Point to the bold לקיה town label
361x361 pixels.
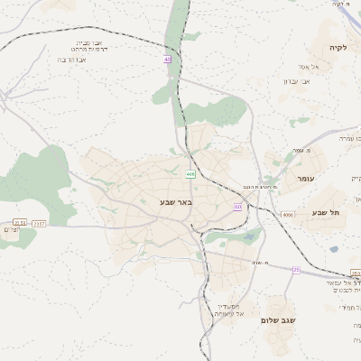tap(338, 47)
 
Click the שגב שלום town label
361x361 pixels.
tap(279, 320)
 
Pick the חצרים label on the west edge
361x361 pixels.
tap(9, 230)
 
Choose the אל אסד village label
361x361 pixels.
tap(305, 66)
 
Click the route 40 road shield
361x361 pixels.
tap(167, 59)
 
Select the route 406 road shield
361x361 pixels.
tap(190, 172)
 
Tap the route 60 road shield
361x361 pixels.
tap(237, 207)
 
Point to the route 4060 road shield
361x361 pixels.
tap(288, 215)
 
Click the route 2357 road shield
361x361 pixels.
tap(38, 222)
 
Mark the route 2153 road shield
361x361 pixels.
tap(20, 222)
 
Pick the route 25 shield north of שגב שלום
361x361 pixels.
tap(295, 269)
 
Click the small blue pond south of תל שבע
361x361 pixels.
tap(334, 248)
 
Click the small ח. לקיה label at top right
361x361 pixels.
tap(340, 5)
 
